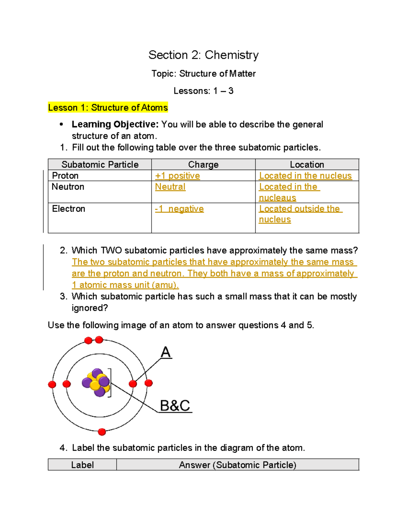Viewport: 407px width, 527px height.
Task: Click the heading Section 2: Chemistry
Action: pyautogui.click(x=203, y=55)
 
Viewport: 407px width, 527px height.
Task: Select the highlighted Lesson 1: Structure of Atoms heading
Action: pyautogui.click(x=108, y=108)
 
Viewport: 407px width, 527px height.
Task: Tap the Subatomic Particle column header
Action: pyautogui.click(x=100, y=165)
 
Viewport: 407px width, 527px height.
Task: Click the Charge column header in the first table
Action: pyautogui.click(x=203, y=165)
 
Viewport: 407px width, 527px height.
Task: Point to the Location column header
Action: pyautogui.click(x=307, y=165)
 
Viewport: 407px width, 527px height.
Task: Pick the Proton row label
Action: pyautogui.click(x=65, y=176)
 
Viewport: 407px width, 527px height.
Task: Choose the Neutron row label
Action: pyautogui.click(x=68, y=187)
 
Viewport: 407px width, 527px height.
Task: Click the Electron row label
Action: pyautogui.click(x=69, y=209)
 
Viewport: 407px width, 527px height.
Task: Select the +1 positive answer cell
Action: pyautogui.click(x=177, y=176)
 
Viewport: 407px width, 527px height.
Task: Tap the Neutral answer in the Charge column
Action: pyautogui.click(x=170, y=187)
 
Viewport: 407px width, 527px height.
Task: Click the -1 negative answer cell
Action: pyautogui.click(x=179, y=209)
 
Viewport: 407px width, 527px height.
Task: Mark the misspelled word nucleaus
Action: pyautogui.click(x=277, y=198)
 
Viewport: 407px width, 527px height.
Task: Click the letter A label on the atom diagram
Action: pyautogui.click(x=166, y=352)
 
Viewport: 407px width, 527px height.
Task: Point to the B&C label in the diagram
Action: pyautogui.click(x=175, y=406)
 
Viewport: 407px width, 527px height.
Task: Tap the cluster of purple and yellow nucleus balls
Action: pyautogui.click(x=96, y=383)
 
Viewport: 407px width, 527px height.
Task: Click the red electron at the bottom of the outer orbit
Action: pyautogui.click(x=102, y=432)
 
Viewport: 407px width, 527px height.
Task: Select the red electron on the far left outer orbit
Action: pyautogui.click(x=52, y=384)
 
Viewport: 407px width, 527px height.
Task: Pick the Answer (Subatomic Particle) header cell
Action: pyautogui.click(x=237, y=465)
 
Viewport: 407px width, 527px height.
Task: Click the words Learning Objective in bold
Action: pyautogui.click(x=115, y=125)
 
